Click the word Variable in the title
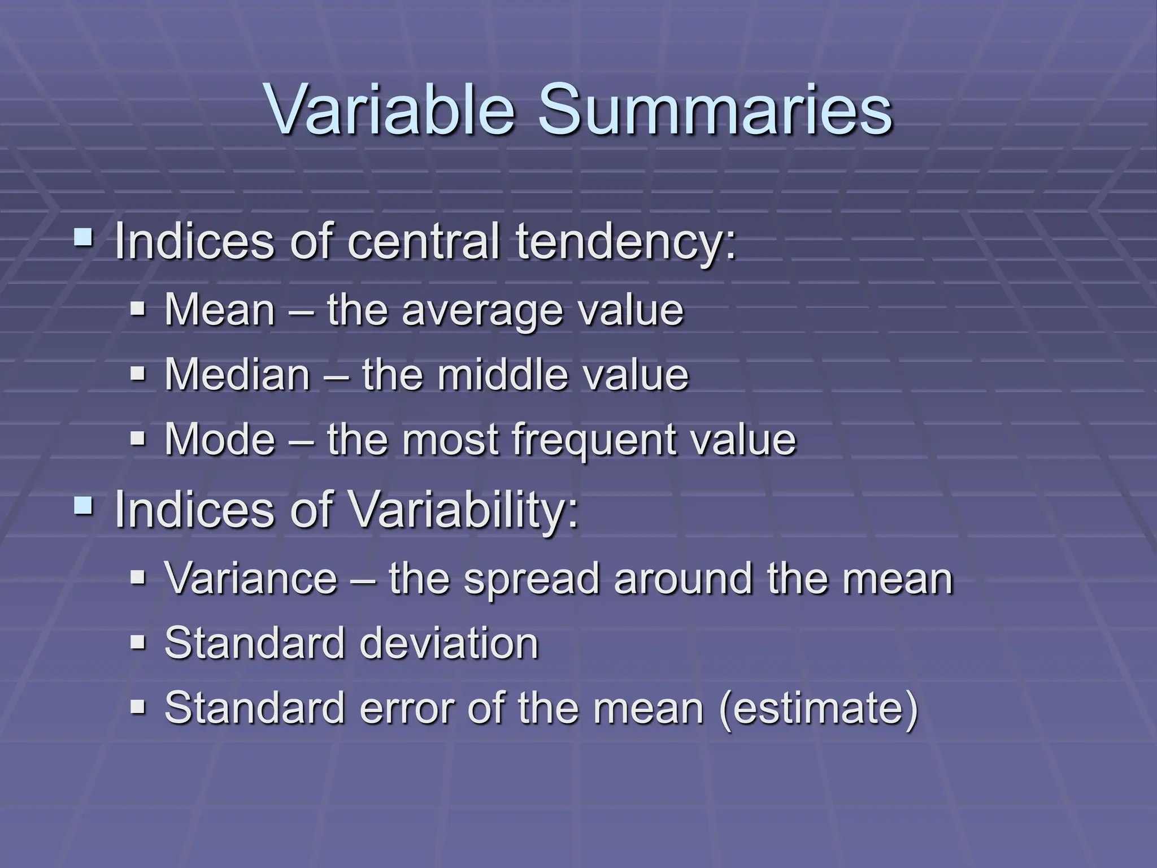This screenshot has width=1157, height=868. click(390, 110)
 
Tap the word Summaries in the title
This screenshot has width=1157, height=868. click(714, 110)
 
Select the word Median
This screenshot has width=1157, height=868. click(237, 375)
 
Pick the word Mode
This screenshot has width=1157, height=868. click(220, 439)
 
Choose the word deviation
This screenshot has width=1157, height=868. click(449, 643)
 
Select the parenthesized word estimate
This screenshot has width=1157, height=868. click(819, 708)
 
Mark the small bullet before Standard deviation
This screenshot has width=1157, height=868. click(138, 642)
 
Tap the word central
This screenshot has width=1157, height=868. click(423, 243)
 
